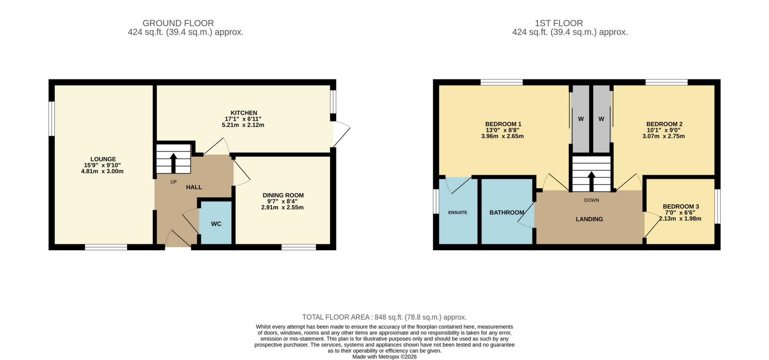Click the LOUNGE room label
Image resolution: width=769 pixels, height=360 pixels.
click(103, 159)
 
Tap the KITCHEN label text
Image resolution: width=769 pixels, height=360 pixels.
click(244, 113)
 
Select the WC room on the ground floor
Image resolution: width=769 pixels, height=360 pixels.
click(216, 224)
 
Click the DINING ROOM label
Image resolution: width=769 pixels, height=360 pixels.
click(283, 195)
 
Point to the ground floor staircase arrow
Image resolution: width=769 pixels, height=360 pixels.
click(173, 163)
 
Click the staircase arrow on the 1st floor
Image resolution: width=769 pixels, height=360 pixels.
click(591, 181)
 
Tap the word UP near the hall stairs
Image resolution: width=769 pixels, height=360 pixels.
click(173, 182)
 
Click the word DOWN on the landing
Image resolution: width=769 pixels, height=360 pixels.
click(591, 200)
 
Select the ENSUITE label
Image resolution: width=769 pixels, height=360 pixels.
click(458, 212)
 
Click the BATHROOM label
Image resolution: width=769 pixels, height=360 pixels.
click(507, 213)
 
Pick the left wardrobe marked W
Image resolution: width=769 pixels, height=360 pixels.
click(581, 119)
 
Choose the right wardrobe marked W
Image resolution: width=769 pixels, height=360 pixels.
click(601, 119)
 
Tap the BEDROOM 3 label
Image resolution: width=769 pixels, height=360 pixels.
click(681, 207)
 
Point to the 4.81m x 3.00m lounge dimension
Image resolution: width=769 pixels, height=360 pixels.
click(102, 171)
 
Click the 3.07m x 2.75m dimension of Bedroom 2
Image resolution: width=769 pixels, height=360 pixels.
click(663, 136)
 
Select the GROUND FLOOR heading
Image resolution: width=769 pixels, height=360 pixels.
click(178, 23)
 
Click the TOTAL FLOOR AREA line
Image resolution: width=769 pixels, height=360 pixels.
click(384, 317)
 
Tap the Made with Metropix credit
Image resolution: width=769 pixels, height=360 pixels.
click(384, 357)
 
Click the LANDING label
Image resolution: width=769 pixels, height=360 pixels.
click(589, 219)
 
